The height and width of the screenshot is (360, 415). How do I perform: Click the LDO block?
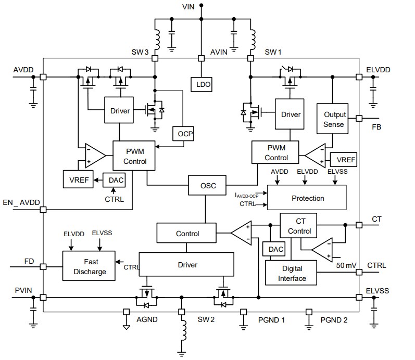click(202, 85)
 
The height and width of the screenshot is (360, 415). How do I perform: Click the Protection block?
click(307, 198)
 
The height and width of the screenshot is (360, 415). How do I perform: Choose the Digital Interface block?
click(292, 273)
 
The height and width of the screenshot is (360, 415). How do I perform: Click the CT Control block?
click(299, 227)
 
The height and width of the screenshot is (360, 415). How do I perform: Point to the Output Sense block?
click(334, 119)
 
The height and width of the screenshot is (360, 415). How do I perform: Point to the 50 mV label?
click(346, 265)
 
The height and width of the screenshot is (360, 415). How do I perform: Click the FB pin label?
click(376, 126)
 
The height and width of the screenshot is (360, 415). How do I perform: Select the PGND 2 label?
click(334, 320)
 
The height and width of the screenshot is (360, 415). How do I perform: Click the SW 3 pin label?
click(140, 52)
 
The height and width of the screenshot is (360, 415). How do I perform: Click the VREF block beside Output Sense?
click(346, 160)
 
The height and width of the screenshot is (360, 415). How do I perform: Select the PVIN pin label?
click(21, 289)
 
